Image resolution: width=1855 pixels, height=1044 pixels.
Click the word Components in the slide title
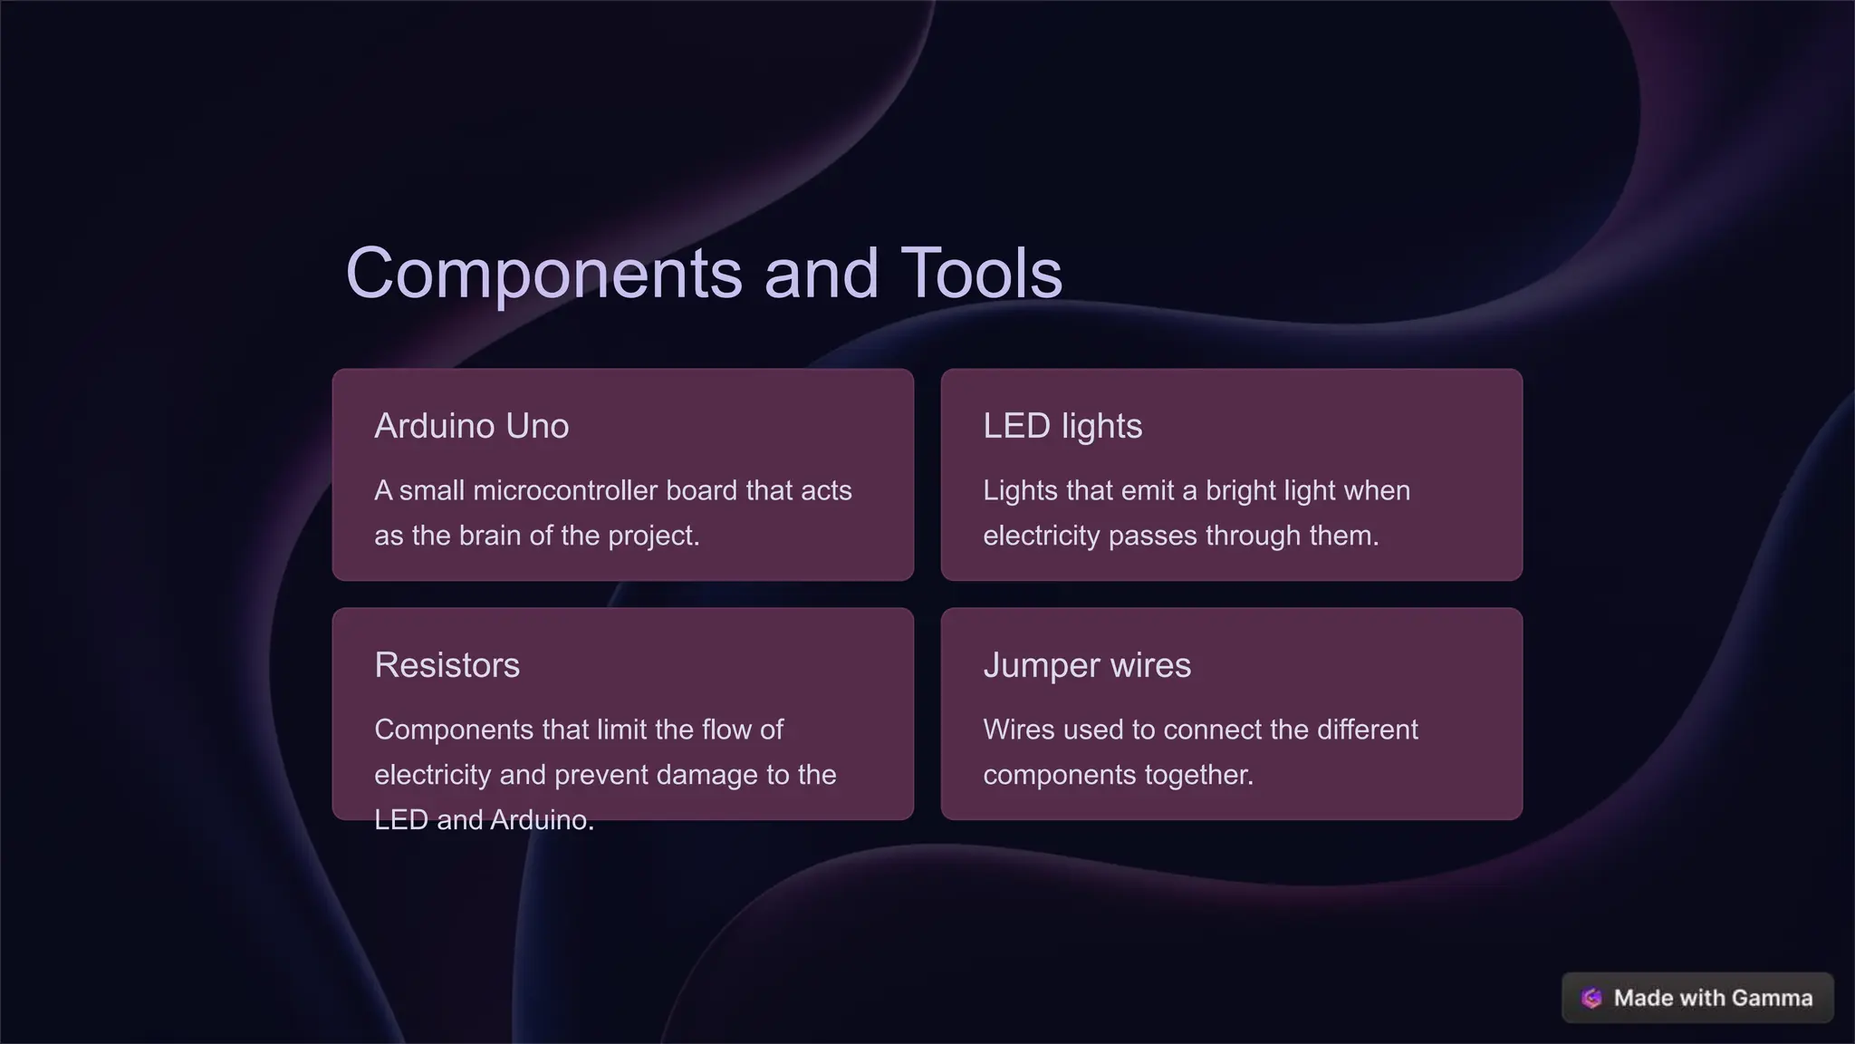543,274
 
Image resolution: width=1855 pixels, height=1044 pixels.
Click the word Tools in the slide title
981,274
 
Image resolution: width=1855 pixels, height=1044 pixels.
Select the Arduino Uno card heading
471,426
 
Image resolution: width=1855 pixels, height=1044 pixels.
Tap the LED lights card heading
1062,426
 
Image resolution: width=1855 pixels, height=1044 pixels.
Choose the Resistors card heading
447,665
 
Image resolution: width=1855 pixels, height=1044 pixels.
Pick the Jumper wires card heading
1086,665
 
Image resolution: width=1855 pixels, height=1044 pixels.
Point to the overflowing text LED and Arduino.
484,820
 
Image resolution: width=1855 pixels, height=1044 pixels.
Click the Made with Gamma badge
1697,998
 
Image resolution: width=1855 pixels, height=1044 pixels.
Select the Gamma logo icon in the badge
1591,998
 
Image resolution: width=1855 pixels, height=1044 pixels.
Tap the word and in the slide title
821,274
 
